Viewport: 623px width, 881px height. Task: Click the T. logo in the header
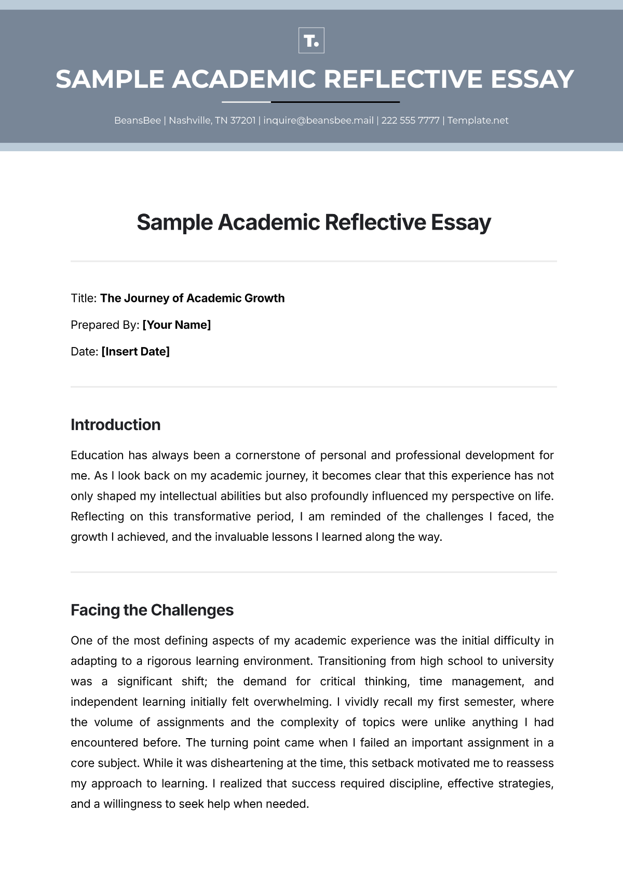pyautogui.click(x=311, y=41)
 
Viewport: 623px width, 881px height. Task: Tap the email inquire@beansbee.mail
pyautogui.click(x=318, y=121)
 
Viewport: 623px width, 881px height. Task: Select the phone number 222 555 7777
pyautogui.click(x=410, y=121)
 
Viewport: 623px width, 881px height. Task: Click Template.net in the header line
pyautogui.click(x=478, y=121)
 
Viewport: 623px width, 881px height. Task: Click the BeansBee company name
pyautogui.click(x=138, y=121)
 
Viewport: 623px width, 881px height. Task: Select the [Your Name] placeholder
pyautogui.click(x=177, y=325)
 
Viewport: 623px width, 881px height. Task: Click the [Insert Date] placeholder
pyautogui.click(x=136, y=352)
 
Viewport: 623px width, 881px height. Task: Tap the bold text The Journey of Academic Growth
pyautogui.click(x=192, y=299)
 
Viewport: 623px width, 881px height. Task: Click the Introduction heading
pyautogui.click(x=115, y=425)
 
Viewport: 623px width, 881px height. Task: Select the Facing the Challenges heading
pyautogui.click(x=152, y=610)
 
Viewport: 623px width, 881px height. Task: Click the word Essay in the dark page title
pyautogui.click(x=461, y=223)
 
